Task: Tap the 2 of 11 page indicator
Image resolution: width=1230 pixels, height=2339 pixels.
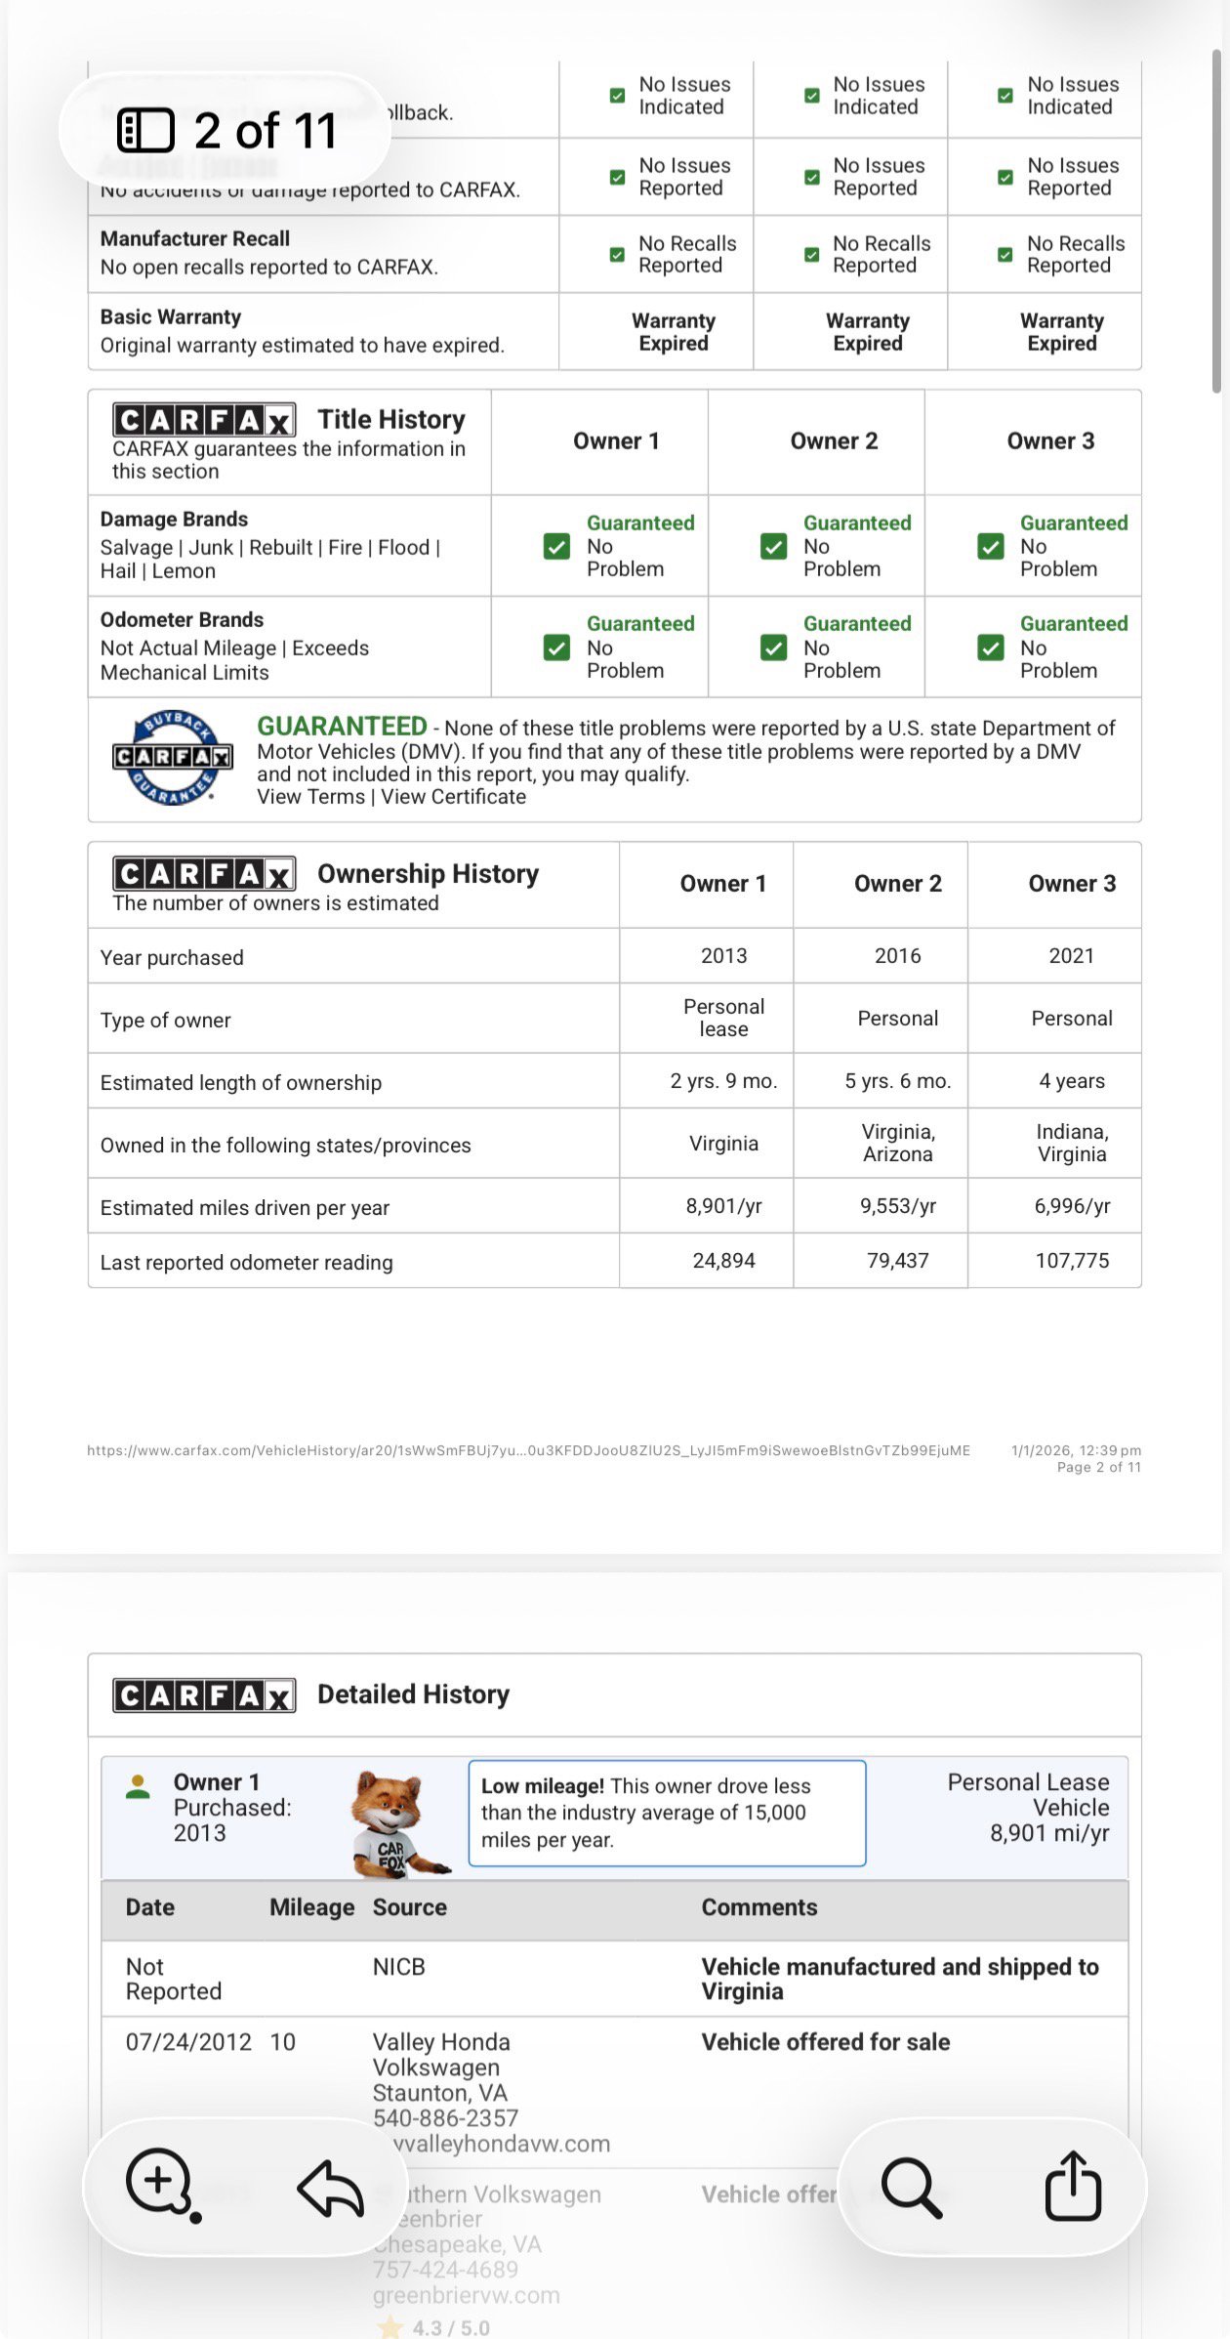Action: click(x=226, y=131)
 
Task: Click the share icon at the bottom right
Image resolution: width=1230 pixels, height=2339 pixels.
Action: click(x=1073, y=2186)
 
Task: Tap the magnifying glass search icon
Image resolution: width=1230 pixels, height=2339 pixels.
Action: click(x=911, y=2188)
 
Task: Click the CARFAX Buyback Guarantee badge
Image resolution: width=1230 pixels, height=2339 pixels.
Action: click(x=173, y=757)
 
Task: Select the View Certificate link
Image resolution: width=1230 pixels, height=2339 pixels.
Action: click(x=454, y=797)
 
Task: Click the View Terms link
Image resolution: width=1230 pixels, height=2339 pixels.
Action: click(x=310, y=797)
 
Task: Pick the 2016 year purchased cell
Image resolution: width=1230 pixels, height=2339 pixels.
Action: click(x=897, y=956)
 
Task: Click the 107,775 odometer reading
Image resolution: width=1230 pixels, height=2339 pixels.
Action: click(x=1072, y=1261)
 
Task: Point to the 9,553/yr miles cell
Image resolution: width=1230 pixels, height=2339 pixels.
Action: click(x=897, y=1206)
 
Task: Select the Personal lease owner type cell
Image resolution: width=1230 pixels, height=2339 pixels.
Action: click(x=723, y=1018)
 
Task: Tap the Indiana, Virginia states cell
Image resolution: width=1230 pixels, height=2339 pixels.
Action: click(x=1072, y=1143)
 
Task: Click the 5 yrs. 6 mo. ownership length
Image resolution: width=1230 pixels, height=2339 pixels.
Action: click(x=897, y=1081)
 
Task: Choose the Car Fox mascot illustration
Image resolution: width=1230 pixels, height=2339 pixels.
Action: click(x=395, y=1822)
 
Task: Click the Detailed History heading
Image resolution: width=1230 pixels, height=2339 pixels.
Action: click(x=413, y=1694)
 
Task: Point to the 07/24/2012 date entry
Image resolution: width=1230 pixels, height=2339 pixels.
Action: click(x=188, y=2042)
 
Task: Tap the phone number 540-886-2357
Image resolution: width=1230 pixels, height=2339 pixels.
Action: click(x=445, y=2118)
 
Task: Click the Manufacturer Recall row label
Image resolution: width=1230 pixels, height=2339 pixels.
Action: click(x=195, y=239)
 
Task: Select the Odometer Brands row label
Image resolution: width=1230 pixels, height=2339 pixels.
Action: click(x=182, y=620)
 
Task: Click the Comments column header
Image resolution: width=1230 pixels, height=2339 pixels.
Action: click(x=758, y=1907)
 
